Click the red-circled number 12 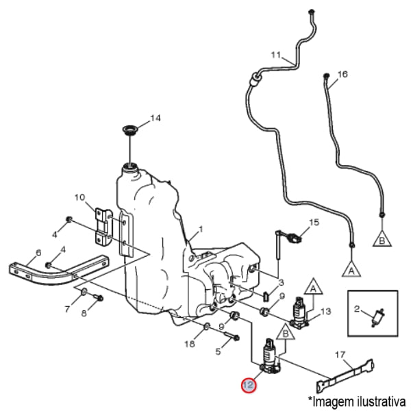coord(247,386)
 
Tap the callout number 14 coord(155,118)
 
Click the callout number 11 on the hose coord(276,54)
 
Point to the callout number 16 coord(343,73)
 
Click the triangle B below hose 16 coord(382,239)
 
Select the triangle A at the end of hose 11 coord(351,269)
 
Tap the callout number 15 coord(314,222)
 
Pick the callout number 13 coord(325,312)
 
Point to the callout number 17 coord(339,354)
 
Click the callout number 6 coord(38,252)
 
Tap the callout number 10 coord(79,197)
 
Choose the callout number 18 coord(190,345)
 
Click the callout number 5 coord(219,352)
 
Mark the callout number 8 coord(85,314)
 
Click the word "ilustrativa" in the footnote coord(381,399)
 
